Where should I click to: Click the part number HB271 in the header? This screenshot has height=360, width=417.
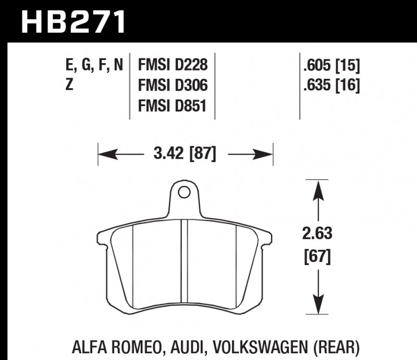point(73,22)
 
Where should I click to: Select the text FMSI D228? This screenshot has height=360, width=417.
point(173,65)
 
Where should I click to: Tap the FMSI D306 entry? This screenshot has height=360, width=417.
point(173,86)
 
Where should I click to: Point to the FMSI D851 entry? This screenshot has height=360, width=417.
point(173,106)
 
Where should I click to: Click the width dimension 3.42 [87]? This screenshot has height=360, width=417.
point(186,154)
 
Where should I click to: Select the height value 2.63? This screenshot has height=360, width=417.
point(316,233)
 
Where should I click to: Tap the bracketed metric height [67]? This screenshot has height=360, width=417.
point(316,256)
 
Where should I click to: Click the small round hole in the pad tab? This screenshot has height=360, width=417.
point(183,193)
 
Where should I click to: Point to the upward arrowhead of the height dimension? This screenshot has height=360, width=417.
point(316,188)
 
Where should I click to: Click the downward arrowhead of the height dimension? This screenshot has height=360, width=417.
point(316,306)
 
